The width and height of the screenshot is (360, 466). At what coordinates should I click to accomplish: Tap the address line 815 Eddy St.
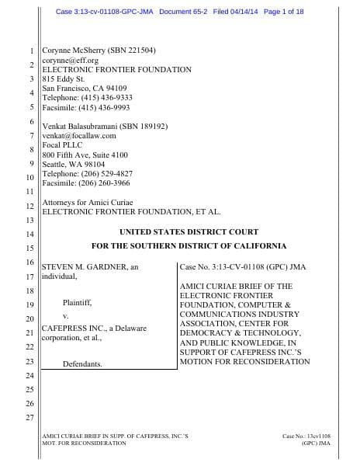[62, 78]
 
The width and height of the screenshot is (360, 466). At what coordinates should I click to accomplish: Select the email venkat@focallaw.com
[78, 136]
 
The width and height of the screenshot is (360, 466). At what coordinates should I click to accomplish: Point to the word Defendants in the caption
[82, 363]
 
